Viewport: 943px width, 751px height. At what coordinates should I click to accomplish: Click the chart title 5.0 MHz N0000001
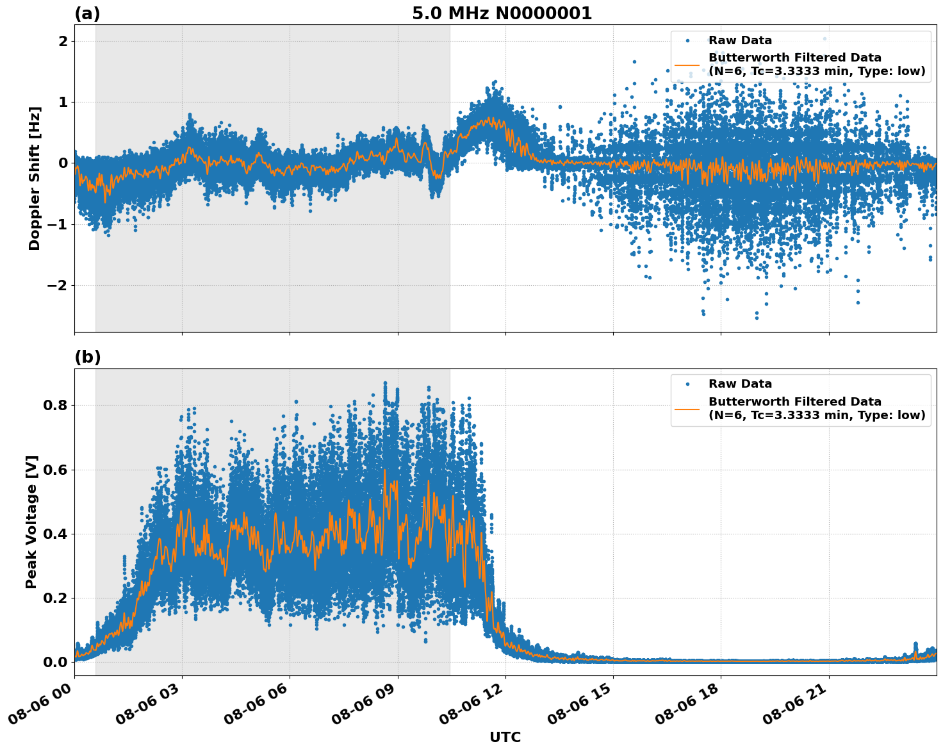pos(502,13)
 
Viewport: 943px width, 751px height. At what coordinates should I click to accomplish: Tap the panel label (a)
pos(87,13)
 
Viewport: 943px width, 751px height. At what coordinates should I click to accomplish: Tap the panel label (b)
pos(87,358)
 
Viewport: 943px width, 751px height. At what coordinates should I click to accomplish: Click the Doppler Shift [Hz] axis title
pos(35,178)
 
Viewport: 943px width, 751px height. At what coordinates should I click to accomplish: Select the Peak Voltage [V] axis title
pos(31,522)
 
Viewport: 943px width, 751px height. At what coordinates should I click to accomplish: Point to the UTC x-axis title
pos(505,737)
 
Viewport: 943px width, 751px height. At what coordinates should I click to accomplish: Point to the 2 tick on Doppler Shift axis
pos(63,41)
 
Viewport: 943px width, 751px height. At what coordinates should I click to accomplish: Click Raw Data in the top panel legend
pos(740,40)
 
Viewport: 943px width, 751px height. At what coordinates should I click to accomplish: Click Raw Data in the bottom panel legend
pos(740,384)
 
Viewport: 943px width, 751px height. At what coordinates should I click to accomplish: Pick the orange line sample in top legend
pos(687,64)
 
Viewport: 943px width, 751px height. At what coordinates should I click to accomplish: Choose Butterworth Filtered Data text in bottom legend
pos(794,402)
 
